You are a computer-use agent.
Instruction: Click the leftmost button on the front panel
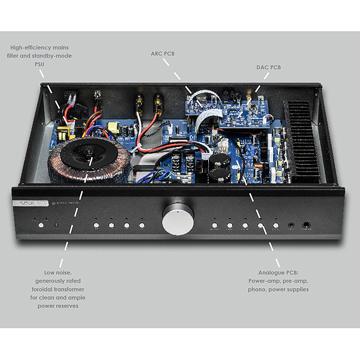[41, 226]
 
